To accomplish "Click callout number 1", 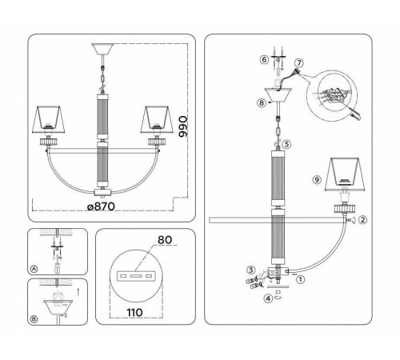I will point(301,279).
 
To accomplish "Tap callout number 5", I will point(286,145).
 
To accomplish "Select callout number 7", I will point(299,62).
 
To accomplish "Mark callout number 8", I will point(260,102).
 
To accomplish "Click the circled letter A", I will point(34,269).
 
